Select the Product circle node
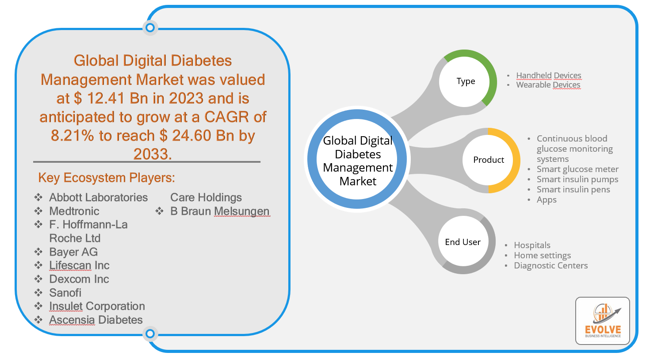(x=489, y=160)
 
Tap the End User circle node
(x=463, y=242)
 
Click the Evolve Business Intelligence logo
(x=603, y=321)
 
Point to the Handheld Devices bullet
(x=549, y=75)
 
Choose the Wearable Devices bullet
(x=548, y=85)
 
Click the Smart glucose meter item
(x=577, y=169)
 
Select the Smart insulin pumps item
(x=577, y=179)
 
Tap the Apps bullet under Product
(x=547, y=199)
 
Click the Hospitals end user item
(x=532, y=245)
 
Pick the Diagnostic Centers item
(x=551, y=265)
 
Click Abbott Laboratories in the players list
(x=98, y=197)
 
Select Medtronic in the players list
(x=74, y=211)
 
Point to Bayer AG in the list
(x=73, y=252)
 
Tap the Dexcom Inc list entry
(x=79, y=279)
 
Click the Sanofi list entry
(x=65, y=293)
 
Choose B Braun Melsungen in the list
(x=220, y=211)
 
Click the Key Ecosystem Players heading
(x=107, y=178)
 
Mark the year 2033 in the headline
(x=152, y=154)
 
